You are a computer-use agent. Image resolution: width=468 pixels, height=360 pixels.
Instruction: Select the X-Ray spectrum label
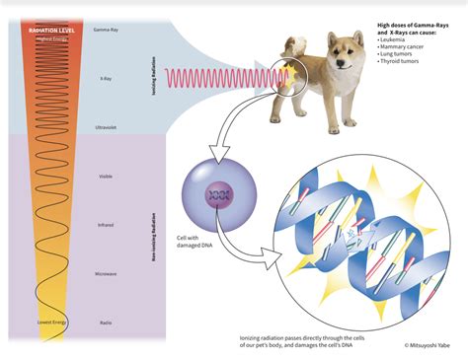point(105,78)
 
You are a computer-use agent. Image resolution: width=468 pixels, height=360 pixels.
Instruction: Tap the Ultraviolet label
point(105,128)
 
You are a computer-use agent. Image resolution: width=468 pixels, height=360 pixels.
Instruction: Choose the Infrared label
point(105,225)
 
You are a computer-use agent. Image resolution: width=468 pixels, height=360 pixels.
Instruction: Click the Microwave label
point(105,273)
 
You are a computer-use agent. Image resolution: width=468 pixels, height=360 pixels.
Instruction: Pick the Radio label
point(105,322)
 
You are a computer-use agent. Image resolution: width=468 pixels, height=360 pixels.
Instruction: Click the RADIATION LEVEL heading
point(50,30)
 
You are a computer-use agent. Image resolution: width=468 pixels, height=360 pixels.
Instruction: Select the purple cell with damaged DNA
point(218,187)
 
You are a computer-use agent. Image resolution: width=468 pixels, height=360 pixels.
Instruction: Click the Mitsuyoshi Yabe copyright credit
point(428,345)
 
